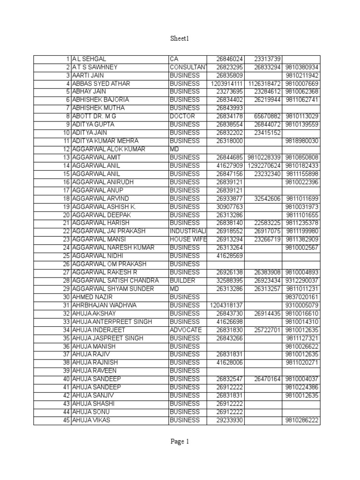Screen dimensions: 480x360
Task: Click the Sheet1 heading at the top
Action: [180, 39]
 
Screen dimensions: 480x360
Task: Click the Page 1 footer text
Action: [180, 441]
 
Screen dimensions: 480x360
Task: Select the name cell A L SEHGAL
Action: [89, 59]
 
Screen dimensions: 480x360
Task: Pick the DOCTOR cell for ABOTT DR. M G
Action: [182, 116]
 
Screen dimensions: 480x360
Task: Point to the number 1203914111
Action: [227, 83]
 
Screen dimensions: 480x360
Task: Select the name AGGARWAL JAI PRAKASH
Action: [109, 231]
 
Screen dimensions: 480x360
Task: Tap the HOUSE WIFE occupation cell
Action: [187, 240]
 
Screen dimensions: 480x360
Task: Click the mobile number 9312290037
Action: [301, 280]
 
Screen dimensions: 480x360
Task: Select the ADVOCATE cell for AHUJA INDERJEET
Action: [186, 330]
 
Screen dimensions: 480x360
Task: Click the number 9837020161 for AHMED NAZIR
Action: [301, 297]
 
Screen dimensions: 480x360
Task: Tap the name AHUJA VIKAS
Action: [91, 420]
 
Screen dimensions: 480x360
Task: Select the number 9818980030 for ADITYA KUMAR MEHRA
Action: [301, 141]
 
